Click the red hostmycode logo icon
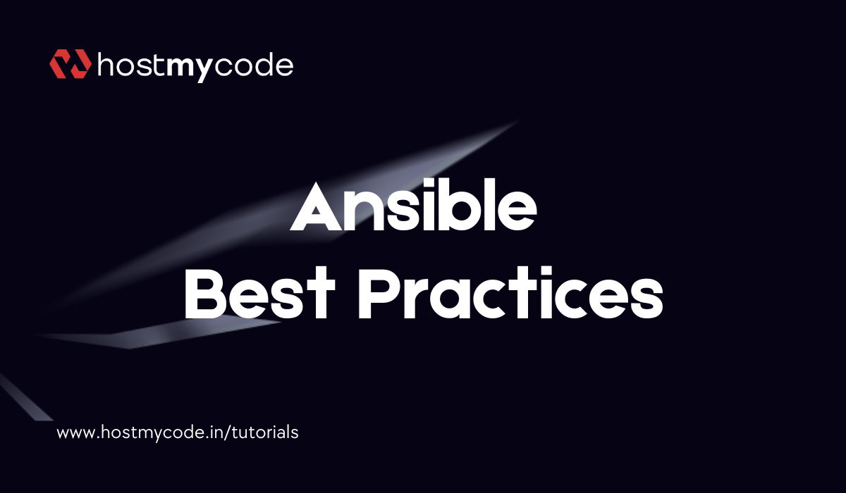pos(70,64)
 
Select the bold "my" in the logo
pos(188,68)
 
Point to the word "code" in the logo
pos(253,65)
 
